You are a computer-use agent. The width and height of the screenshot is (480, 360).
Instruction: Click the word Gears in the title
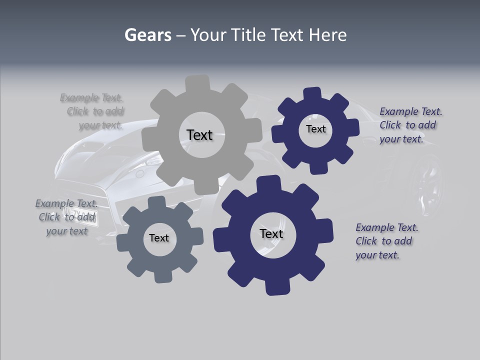pyautogui.click(x=147, y=35)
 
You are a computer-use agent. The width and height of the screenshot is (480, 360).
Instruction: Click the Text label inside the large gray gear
pyautogui.click(x=199, y=135)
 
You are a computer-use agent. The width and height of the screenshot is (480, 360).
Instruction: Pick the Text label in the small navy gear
pyautogui.click(x=315, y=129)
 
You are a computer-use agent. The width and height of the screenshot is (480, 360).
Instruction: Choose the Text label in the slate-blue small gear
pyautogui.click(x=159, y=238)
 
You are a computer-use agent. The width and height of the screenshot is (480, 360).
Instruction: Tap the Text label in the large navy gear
pyautogui.click(x=271, y=233)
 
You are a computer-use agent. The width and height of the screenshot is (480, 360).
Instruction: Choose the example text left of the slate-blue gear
pyautogui.click(x=66, y=217)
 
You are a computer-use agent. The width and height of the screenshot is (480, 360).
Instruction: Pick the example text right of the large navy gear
pyautogui.click(x=386, y=241)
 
